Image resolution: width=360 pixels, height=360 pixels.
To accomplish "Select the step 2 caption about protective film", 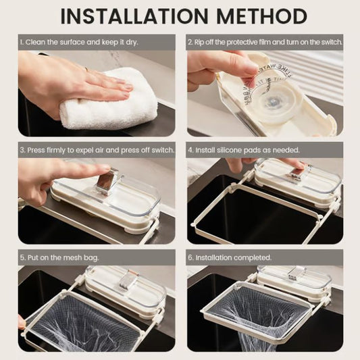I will (265, 42).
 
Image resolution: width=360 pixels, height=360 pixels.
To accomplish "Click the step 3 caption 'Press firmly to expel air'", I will (97, 149).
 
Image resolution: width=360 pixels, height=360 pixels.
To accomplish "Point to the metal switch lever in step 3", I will (106, 182).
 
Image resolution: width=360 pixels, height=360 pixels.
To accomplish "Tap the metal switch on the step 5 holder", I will (124, 281).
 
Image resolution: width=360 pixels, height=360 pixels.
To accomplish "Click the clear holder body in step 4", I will (297, 179).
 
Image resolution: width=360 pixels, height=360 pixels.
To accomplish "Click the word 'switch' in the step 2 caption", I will (330, 42).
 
